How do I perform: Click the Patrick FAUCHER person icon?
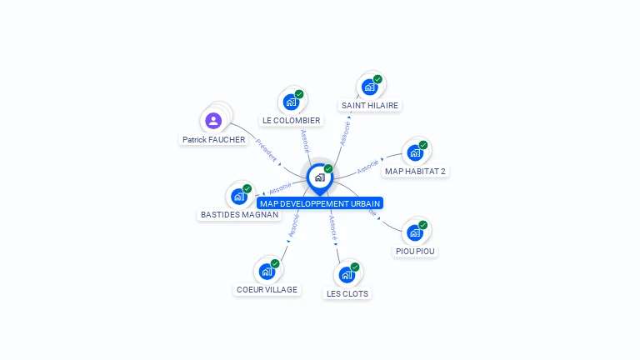tap(213, 120)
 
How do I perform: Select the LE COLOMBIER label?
tap(291, 121)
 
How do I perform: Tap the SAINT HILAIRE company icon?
tap(369, 87)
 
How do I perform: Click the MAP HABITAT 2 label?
tap(415, 172)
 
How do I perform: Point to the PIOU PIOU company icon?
tap(414, 232)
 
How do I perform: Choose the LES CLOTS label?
tap(347, 293)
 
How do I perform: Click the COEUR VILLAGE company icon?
tap(267, 271)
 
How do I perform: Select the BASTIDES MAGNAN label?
tap(239, 215)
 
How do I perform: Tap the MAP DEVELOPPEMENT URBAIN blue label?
tap(320, 203)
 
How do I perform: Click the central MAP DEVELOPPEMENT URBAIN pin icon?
tap(319, 177)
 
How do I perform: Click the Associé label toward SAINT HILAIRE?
tap(343, 132)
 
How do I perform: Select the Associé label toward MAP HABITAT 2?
tap(367, 167)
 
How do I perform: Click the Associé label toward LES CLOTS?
tap(332, 226)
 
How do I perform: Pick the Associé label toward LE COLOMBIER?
tap(305, 140)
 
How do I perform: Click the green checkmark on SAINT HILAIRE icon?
tap(377, 79)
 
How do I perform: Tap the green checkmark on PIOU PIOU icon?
tap(422, 225)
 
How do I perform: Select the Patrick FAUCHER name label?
tap(214, 140)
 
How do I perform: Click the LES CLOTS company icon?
tap(347, 274)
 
